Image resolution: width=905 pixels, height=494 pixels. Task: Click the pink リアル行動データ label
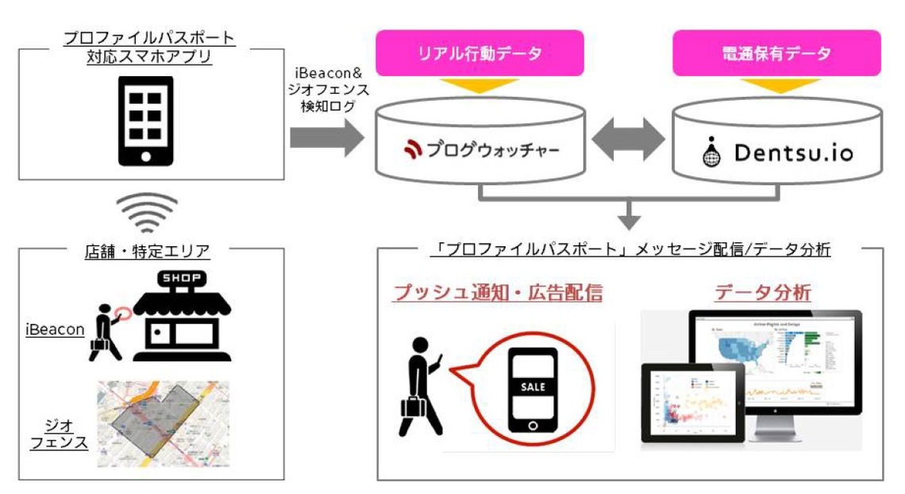[479, 54]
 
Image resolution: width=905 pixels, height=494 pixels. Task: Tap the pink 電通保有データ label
[776, 54]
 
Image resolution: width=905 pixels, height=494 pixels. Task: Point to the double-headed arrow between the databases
[627, 142]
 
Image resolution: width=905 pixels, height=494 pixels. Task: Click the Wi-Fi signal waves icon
[147, 212]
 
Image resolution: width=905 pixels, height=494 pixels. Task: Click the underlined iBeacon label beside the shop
[55, 329]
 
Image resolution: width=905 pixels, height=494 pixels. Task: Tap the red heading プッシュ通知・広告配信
[498, 293]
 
